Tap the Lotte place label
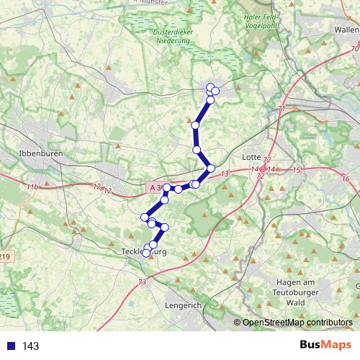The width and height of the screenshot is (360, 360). point(253,156)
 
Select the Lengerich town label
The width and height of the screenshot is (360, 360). point(184,305)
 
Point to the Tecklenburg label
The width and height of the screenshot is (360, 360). point(144,251)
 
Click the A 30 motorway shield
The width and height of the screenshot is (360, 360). point(158,187)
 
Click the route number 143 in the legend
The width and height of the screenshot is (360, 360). point(30,346)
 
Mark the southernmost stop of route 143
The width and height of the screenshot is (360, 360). point(146,253)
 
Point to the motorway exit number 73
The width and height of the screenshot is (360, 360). point(142,281)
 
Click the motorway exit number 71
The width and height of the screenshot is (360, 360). point(282,108)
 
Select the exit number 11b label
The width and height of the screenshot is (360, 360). point(31,187)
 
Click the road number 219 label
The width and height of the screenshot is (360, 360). point(4,256)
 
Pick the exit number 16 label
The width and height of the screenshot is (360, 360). point(346,178)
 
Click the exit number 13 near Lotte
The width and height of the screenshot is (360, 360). point(225,174)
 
